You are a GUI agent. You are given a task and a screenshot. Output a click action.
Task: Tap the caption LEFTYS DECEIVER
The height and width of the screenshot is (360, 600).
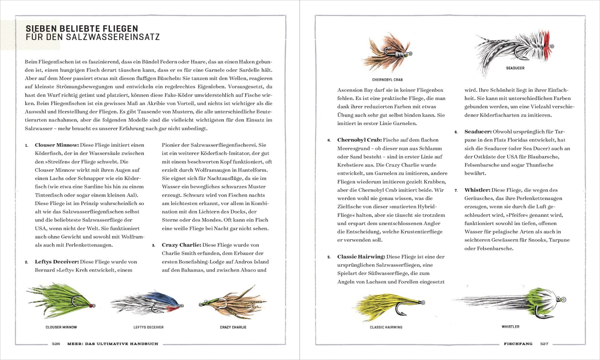(x=148, y=327)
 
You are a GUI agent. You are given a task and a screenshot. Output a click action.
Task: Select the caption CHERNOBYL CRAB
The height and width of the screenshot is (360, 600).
(x=387, y=80)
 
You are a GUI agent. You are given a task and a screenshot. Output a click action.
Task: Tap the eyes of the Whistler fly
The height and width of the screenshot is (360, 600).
(x=561, y=299)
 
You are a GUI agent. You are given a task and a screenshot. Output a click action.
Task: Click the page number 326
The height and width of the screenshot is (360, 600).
(x=56, y=344)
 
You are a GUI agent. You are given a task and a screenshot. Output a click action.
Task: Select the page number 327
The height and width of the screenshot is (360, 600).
(x=544, y=344)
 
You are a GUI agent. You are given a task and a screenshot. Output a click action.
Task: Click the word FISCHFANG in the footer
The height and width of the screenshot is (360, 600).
(x=518, y=344)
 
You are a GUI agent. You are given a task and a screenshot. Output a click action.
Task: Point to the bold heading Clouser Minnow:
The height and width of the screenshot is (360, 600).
(x=57, y=145)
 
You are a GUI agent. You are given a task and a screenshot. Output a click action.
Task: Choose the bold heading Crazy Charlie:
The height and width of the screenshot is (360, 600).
(x=181, y=245)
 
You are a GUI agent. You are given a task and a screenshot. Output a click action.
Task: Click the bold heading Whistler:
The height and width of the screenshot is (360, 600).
(x=477, y=190)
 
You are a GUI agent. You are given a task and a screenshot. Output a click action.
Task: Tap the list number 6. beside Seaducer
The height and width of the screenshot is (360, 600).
(x=456, y=132)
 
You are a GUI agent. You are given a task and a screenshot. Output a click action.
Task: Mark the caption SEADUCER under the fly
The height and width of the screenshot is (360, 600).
(x=515, y=68)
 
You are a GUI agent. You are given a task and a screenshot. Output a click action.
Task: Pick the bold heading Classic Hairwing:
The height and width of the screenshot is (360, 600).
(x=361, y=257)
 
